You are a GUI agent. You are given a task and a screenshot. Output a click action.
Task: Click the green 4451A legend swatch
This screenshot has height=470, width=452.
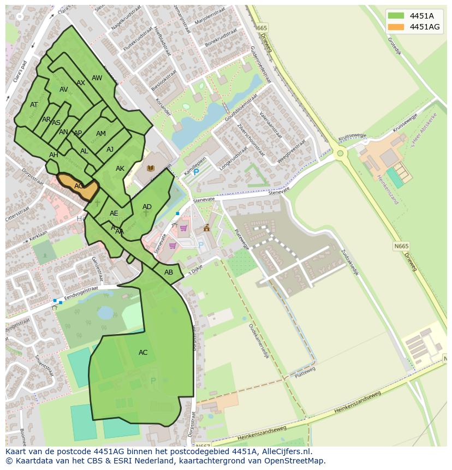point(396,15)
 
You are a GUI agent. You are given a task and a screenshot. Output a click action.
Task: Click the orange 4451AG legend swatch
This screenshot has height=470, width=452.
point(396,27)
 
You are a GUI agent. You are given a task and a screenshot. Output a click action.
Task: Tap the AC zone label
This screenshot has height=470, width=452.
point(143,353)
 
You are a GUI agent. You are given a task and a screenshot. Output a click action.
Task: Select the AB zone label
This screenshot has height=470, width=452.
point(169,272)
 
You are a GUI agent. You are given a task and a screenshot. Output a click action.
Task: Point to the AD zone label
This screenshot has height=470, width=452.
point(147,207)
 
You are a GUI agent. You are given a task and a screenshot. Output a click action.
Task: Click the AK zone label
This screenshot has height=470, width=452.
point(120,169)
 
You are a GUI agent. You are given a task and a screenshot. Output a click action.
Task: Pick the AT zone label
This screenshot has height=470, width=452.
point(34,105)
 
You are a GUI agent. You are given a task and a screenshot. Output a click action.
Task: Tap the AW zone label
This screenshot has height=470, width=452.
point(97,78)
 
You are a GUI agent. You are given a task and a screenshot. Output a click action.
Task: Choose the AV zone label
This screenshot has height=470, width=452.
point(64,90)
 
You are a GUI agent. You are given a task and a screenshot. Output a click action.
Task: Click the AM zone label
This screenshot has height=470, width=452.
point(101,134)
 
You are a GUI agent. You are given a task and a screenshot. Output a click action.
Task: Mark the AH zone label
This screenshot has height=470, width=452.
point(53,155)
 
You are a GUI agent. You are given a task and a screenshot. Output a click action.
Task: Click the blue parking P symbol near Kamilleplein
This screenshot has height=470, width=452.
point(197,172)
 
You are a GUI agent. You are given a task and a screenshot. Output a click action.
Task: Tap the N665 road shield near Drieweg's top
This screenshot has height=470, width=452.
point(262,28)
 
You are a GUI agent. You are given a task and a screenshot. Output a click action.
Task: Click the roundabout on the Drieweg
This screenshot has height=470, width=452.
point(341,153)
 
